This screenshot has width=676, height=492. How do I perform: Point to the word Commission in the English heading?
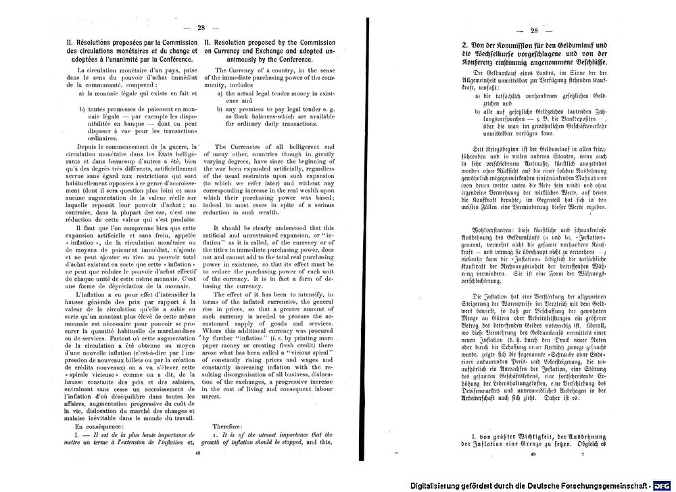click(x=314, y=42)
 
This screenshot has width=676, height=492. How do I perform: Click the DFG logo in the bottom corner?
click(x=661, y=485)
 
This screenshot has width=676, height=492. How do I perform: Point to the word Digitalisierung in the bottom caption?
click(x=439, y=485)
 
